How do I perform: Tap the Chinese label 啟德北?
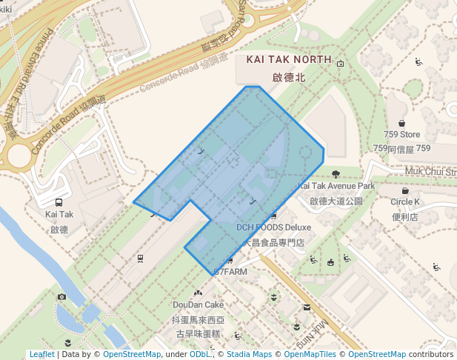point(288,76)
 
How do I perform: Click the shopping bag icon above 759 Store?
point(402,123)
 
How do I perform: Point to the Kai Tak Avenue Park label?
point(336,186)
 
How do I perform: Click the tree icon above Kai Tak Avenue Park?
point(336,175)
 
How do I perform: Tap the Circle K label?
point(405,202)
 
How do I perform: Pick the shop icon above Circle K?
point(405,190)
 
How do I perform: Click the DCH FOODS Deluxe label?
point(274,227)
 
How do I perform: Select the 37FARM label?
point(230,272)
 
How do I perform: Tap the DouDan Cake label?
point(198,304)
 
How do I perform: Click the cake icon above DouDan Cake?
point(198,293)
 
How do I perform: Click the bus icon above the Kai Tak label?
point(59,202)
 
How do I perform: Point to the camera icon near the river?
point(61,297)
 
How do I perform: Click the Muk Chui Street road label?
point(430,171)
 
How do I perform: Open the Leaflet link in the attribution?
point(41,355)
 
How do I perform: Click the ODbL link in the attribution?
point(200,355)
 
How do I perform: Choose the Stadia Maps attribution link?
point(246,355)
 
